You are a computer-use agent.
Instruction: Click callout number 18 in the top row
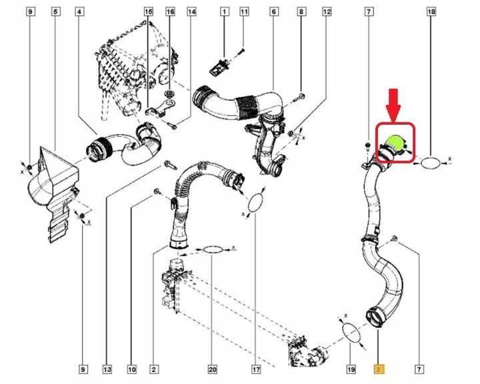coord(431,12)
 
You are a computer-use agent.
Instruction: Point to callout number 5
coord(55,12)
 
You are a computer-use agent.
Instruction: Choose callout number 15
coord(148,12)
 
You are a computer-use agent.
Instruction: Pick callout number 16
coord(170,12)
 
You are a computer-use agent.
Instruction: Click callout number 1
coord(224,12)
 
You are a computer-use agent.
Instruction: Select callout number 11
coord(244,12)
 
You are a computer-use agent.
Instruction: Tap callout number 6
coord(273,12)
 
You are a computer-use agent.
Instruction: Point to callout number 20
coord(213,368)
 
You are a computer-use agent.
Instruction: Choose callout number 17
coord(255,368)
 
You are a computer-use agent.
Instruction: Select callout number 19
coord(351,368)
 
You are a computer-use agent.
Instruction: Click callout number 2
coord(154,368)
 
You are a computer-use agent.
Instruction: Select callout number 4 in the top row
coord(79,12)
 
